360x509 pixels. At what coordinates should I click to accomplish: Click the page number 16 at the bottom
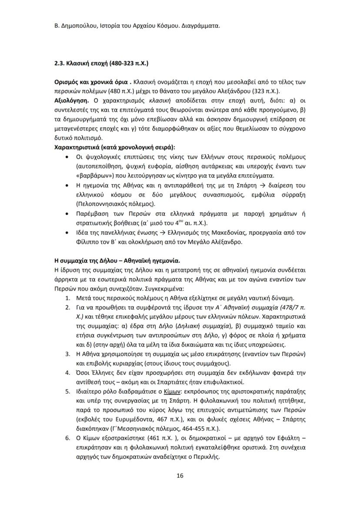click(x=180, y=476)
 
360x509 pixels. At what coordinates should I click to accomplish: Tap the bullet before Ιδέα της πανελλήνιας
click(x=66, y=233)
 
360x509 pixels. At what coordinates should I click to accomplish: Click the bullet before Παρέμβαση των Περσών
click(x=66, y=213)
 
